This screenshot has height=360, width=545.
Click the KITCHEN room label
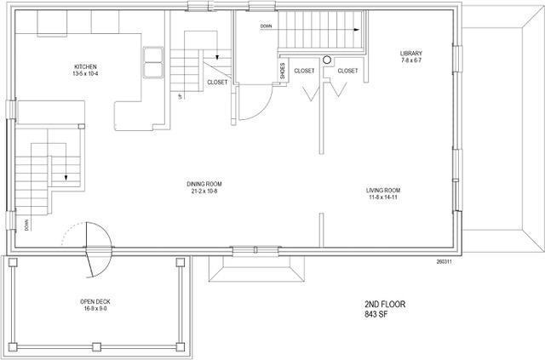tap(86, 66)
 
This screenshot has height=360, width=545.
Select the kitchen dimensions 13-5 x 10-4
tap(86, 74)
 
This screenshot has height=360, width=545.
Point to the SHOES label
tap(283, 72)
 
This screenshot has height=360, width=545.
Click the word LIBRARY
tap(411, 54)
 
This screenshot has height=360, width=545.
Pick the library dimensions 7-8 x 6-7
tap(411, 61)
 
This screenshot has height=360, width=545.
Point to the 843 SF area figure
tap(376, 314)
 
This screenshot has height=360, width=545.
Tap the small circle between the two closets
tap(326, 60)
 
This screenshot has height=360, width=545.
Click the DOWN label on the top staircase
tap(267, 26)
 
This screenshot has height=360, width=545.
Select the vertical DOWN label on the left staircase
tap(27, 226)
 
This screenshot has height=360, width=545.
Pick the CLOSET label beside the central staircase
tap(217, 83)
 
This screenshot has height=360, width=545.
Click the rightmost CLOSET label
tap(347, 71)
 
